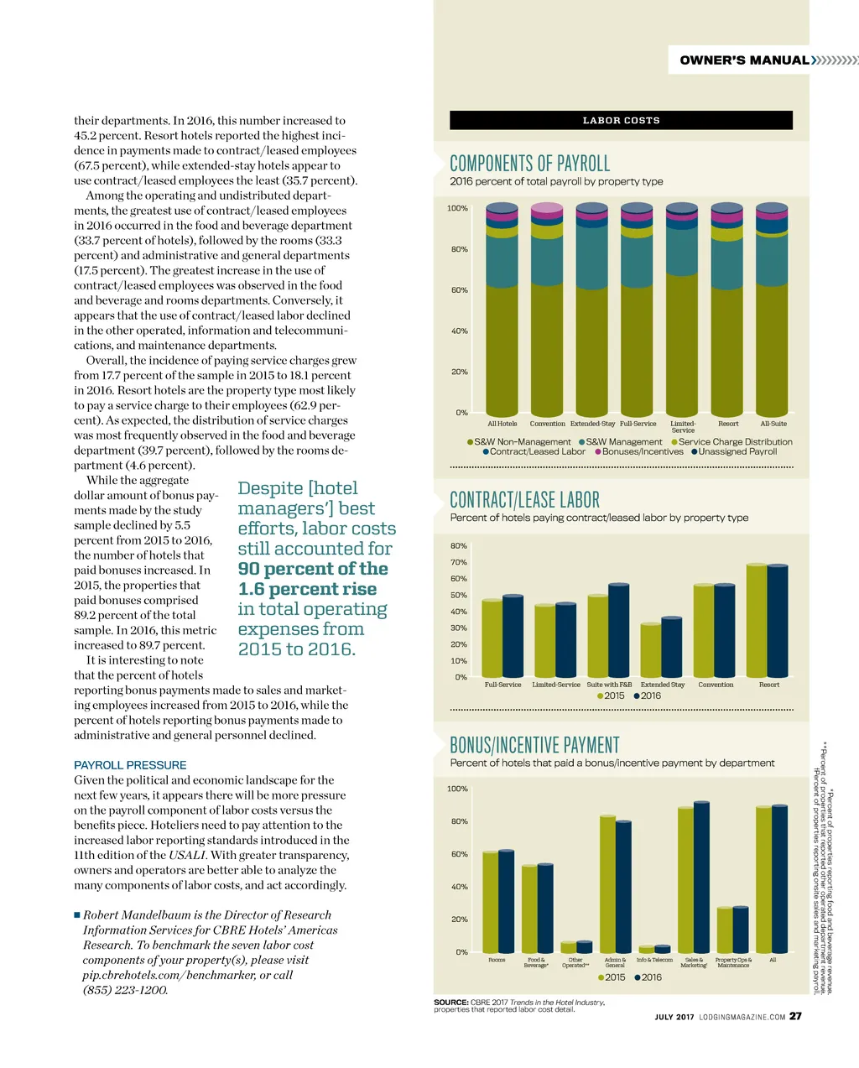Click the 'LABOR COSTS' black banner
(x=621, y=120)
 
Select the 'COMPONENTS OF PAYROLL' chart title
(x=529, y=163)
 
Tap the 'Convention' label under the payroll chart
(x=547, y=424)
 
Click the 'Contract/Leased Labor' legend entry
(x=534, y=451)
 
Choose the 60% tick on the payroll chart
(x=459, y=290)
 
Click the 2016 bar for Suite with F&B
(x=618, y=631)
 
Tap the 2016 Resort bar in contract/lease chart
(x=778, y=621)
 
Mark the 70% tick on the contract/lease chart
(x=459, y=562)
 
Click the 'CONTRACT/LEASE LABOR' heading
(x=524, y=500)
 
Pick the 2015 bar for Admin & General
(x=607, y=883)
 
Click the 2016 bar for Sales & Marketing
(x=701, y=877)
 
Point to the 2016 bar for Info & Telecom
(x=663, y=949)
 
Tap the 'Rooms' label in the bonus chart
(x=497, y=960)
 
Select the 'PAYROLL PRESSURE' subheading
(x=130, y=765)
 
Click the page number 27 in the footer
(x=795, y=1016)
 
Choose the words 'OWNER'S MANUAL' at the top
(x=744, y=60)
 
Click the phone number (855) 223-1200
(x=125, y=990)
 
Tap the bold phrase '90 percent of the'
(x=313, y=569)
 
